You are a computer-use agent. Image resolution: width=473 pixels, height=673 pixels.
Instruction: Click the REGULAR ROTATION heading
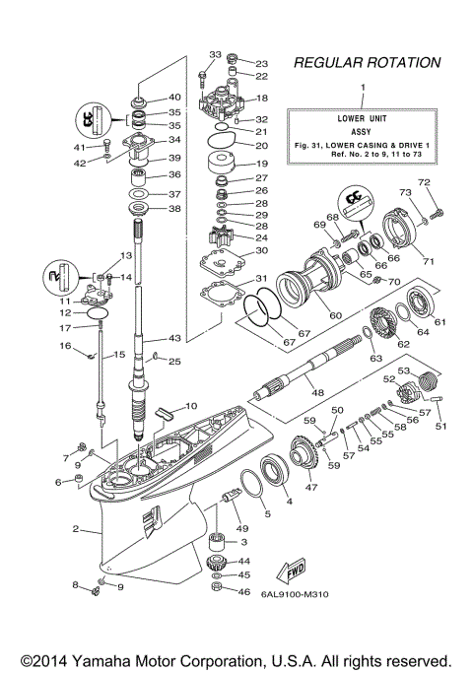click(x=367, y=63)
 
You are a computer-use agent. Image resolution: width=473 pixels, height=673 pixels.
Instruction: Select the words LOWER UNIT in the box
click(x=364, y=117)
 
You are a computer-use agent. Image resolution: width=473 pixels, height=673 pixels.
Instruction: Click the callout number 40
click(x=174, y=97)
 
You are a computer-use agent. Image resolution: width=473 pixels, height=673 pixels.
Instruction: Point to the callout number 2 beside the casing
click(x=76, y=529)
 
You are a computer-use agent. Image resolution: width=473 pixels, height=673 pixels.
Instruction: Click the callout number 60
click(x=307, y=315)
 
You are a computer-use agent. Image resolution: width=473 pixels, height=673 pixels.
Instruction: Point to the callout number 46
click(x=245, y=591)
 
